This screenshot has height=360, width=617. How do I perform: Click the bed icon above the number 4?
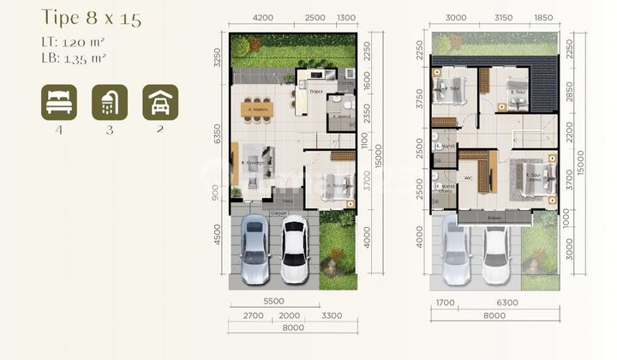pos(58,102)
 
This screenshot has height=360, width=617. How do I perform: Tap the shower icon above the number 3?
pos(110,102)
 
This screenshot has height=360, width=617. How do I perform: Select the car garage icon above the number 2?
pos(160,102)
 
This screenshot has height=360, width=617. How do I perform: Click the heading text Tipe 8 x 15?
pos(81,17)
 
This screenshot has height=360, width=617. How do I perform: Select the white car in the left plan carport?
pos(294,249)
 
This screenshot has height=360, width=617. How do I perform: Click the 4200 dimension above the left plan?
pos(263,17)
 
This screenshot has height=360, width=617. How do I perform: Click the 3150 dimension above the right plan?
pos(503,17)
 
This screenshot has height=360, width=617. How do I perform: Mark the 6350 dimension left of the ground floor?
pos(219,134)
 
